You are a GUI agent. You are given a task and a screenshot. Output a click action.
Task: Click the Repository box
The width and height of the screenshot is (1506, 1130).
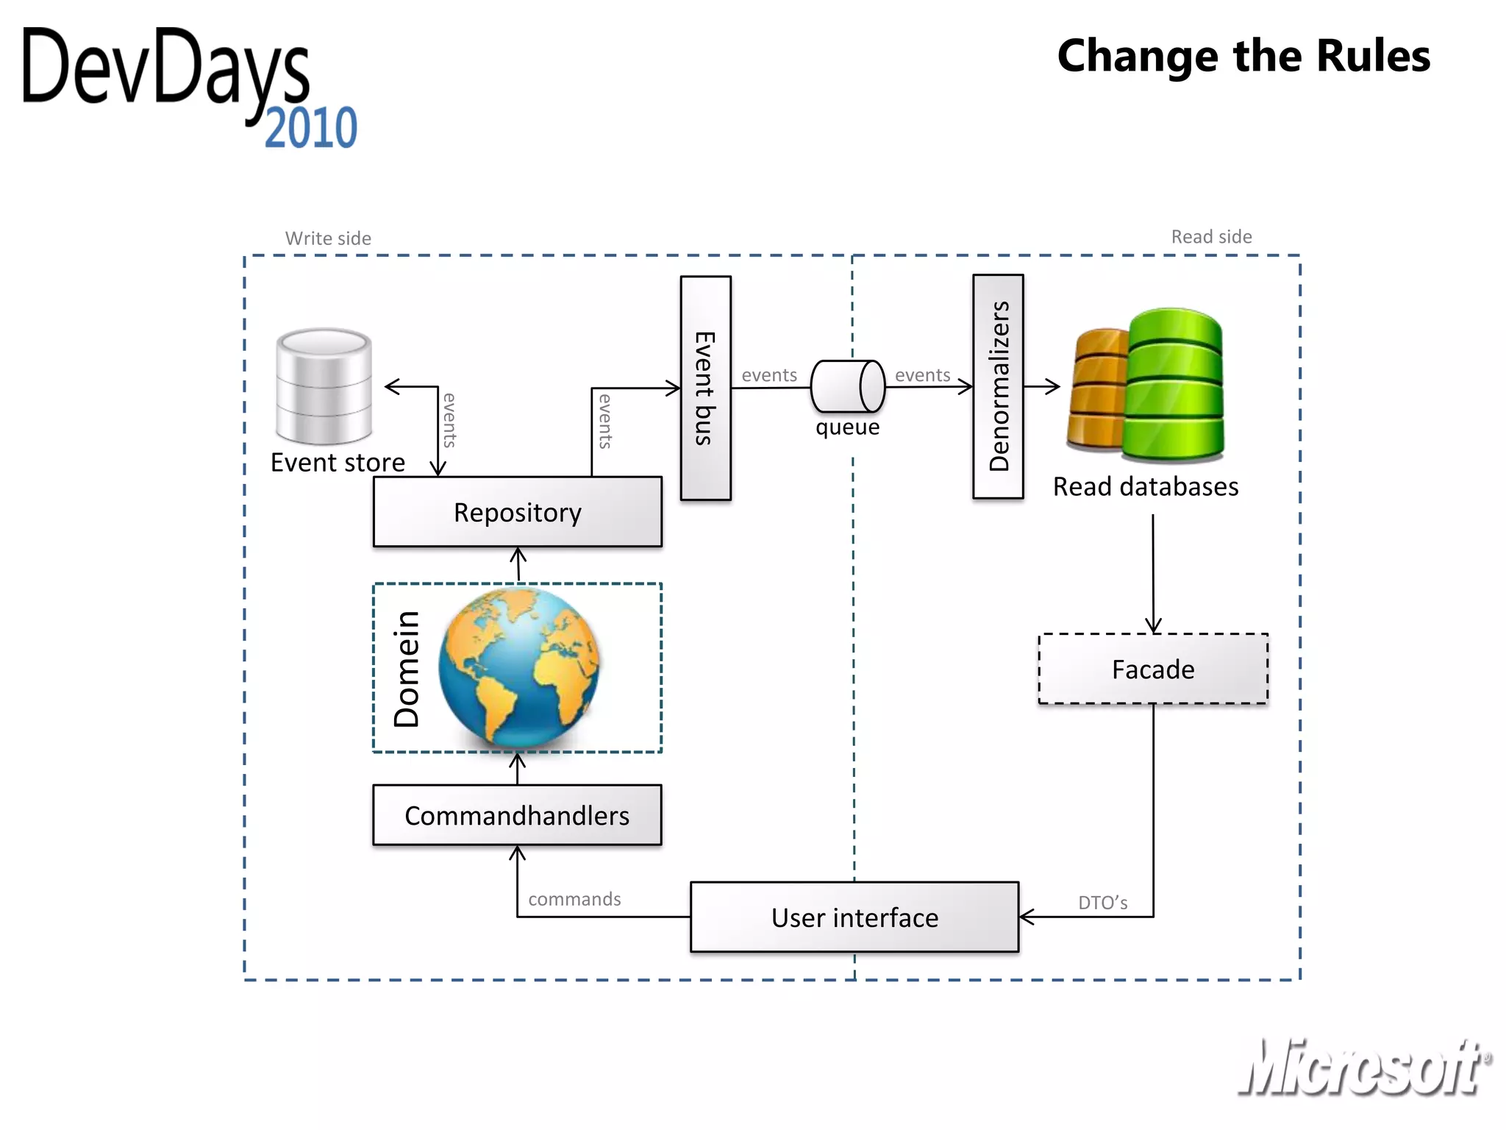(517, 512)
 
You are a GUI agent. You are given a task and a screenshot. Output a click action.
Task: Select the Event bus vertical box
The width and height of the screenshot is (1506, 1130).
(705, 388)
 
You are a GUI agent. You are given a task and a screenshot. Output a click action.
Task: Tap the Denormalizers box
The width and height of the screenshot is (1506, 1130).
(998, 386)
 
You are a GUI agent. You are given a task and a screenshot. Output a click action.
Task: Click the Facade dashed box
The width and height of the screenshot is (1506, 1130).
(1152, 669)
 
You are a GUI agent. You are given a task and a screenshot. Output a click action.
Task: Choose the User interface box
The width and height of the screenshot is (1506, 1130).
(854, 917)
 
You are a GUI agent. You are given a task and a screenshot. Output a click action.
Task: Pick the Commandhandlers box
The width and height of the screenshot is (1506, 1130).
(517, 815)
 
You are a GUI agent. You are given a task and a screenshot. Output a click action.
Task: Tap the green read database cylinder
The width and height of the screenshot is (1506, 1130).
(1174, 385)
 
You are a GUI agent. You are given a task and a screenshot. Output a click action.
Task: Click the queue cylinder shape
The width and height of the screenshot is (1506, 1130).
(847, 386)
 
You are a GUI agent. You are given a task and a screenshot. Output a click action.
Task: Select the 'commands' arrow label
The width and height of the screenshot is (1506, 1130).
(574, 899)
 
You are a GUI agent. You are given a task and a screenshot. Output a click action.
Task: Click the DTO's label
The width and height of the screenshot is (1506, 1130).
(1102, 903)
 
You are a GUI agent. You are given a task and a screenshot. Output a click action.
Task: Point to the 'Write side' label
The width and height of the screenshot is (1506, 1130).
(328, 238)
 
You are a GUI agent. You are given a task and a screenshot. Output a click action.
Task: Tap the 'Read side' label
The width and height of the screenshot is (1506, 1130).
(1211, 237)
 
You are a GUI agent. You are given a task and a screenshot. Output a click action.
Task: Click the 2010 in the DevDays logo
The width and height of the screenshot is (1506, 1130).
(311, 128)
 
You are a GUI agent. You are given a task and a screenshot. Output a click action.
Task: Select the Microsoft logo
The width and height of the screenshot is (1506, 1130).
(1364, 1067)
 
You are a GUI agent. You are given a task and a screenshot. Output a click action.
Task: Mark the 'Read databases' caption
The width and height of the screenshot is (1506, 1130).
(1145, 486)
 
